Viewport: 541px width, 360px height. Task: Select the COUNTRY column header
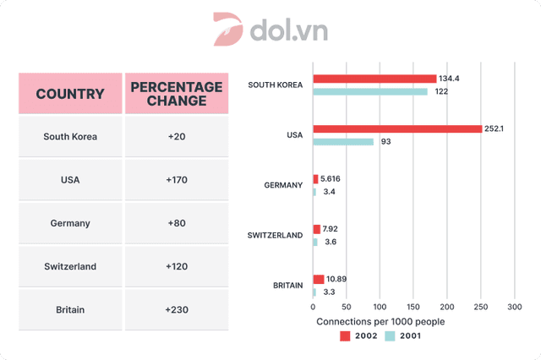[70, 94]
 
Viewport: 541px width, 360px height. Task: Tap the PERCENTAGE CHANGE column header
[176, 94]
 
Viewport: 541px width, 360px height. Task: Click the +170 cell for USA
[176, 179]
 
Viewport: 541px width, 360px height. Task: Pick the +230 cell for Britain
[176, 309]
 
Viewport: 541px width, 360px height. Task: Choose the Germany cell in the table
[70, 223]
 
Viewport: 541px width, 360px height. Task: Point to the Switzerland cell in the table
[70, 266]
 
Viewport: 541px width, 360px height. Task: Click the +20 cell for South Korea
[176, 136]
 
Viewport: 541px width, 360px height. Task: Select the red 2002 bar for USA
[397, 129]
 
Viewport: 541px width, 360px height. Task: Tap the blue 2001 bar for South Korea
[370, 91]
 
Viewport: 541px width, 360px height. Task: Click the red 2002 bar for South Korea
[374, 79]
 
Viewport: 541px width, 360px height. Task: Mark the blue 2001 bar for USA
[343, 142]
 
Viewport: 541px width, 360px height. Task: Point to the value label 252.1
[497, 129]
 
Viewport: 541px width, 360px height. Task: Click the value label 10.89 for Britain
[339, 279]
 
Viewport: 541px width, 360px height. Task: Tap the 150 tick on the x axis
[413, 308]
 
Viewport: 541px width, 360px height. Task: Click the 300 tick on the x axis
[514, 308]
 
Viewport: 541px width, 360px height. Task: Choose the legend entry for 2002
[360, 335]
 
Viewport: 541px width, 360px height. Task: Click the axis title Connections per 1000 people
[380, 322]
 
